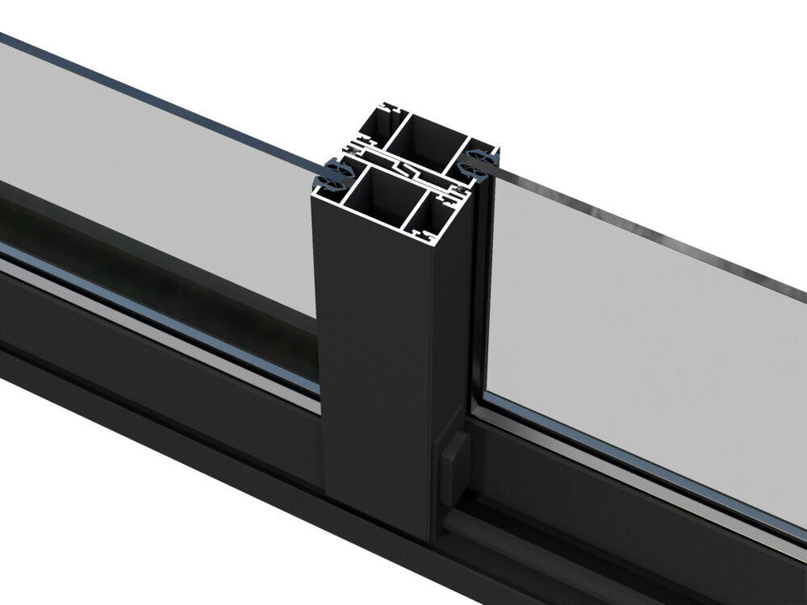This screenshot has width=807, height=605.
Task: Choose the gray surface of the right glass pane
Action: pos(646,339)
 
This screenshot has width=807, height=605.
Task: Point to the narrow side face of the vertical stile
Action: pos(451,339)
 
